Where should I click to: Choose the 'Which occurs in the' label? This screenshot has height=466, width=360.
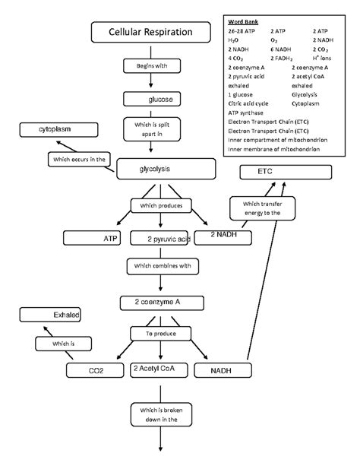[x=79, y=160]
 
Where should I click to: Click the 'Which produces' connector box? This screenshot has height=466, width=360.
[x=159, y=206]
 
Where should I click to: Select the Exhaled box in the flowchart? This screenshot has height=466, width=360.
[x=50, y=315]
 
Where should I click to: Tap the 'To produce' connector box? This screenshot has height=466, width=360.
[x=160, y=334]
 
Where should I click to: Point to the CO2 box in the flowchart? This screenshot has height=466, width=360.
[x=96, y=371]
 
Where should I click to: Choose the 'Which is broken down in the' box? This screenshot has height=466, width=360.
[x=158, y=415]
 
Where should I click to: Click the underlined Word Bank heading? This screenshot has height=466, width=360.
[x=243, y=22]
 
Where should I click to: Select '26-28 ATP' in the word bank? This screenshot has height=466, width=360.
[x=242, y=31]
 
